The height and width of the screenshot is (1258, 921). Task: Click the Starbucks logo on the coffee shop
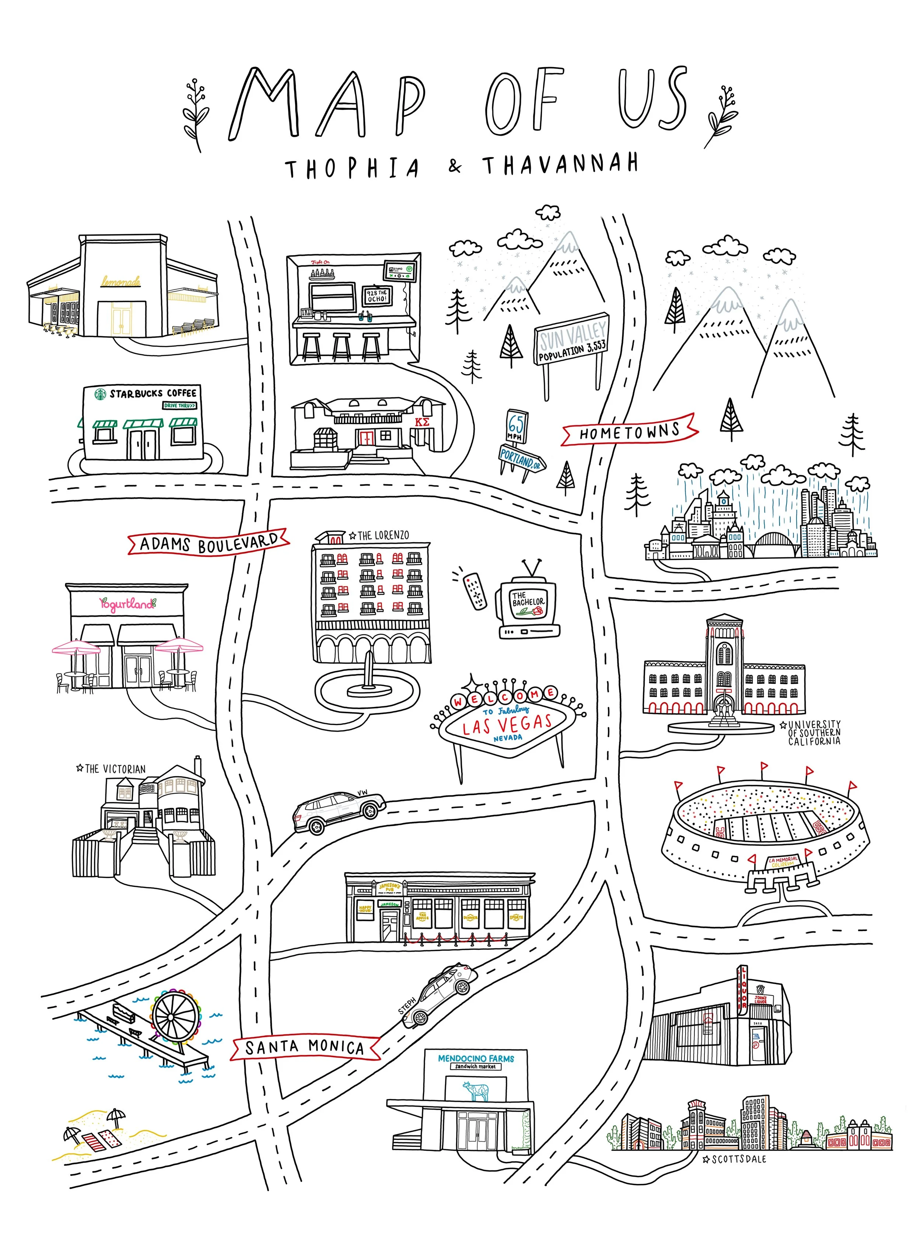point(100,394)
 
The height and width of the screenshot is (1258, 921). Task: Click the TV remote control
point(475,590)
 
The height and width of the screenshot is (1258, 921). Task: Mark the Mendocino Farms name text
point(476,1058)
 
